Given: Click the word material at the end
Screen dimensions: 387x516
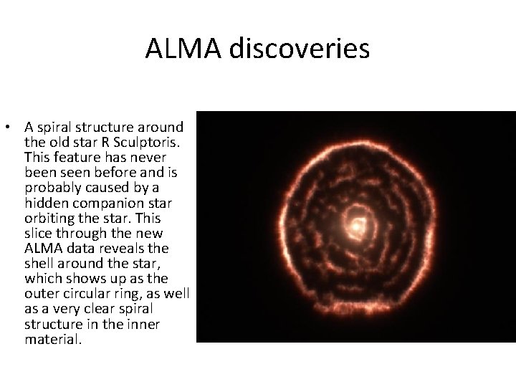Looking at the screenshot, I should pyautogui.click(x=52, y=339).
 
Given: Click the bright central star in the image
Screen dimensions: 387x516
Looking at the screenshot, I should pyautogui.click(x=355, y=226).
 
